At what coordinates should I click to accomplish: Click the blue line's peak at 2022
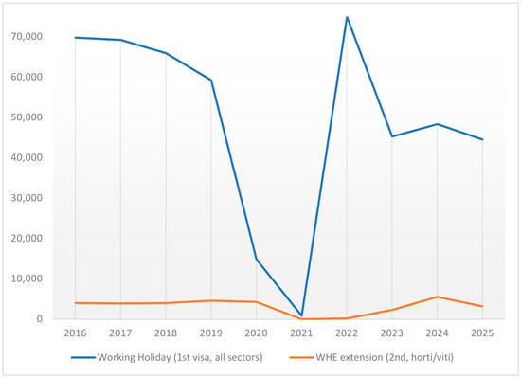click(347, 17)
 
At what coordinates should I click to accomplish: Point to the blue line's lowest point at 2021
click(301, 315)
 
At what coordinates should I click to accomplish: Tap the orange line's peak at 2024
click(437, 297)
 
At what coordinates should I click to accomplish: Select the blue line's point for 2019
click(210, 80)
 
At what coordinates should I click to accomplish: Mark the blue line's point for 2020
click(256, 260)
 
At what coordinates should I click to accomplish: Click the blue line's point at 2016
click(75, 38)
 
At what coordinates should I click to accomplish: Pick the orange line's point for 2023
click(392, 310)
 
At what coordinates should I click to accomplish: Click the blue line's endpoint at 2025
click(482, 139)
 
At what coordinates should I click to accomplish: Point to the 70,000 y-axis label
click(27, 36)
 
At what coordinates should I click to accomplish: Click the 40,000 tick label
click(27, 157)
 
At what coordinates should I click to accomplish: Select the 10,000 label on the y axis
click(27, 279)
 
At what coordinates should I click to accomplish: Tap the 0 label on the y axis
click(40, 319)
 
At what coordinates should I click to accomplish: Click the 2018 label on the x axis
click(166, 333)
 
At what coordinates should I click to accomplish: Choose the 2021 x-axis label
click(301, 333)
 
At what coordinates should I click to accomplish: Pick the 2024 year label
click(437, 333)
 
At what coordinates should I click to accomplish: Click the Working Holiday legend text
click(180, 357)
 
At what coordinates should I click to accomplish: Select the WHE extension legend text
click(385, 357)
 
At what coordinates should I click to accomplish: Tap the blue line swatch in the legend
click(83, 358)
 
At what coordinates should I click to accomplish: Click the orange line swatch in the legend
click(301, 358)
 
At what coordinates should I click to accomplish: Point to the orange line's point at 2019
click(210, 300)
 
